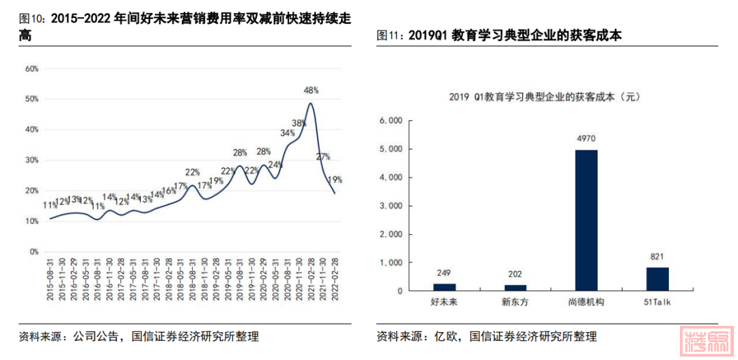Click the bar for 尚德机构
(x=586, y=220)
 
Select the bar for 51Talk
(x=657, y=279)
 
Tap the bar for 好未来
(x=444, y=287)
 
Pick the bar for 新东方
(x=515, y=288)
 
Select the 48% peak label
(x=312, y=90)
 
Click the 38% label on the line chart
(x=299, y=124)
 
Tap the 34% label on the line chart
(x=287, y=133)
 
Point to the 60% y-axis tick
(x=31, y=69)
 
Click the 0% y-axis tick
(x=33, y=252)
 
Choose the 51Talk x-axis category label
(x=657, y=301)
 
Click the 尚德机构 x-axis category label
(x=586, y=301)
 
